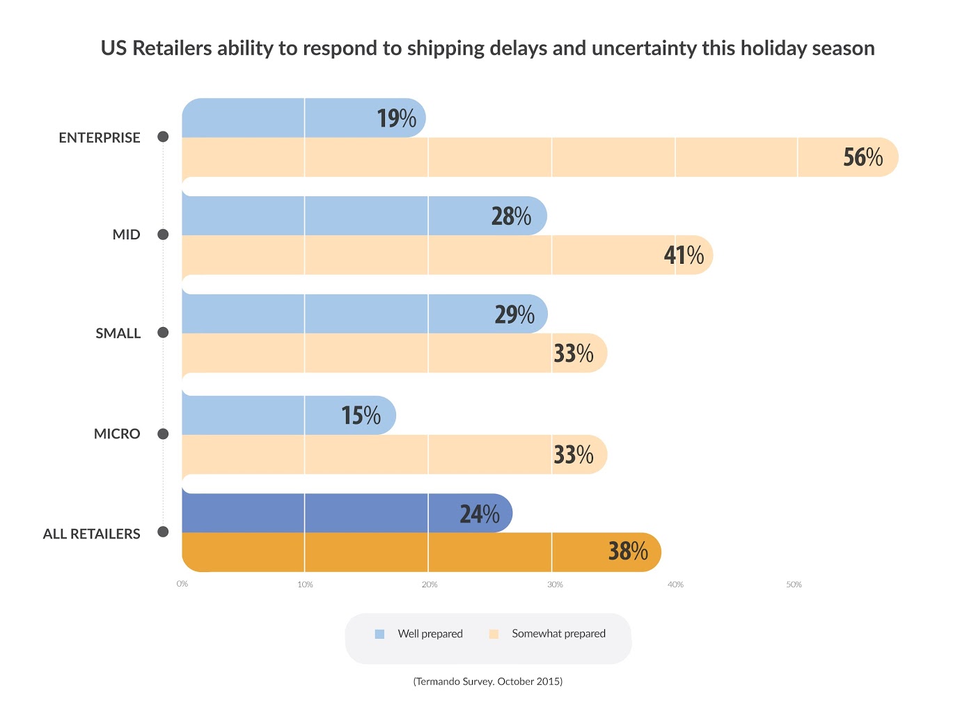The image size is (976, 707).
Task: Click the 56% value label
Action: point(863,157)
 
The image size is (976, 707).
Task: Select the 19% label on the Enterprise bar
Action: point(396,118)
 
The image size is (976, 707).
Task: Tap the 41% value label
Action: point(684,255)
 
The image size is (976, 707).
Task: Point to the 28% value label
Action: point(511,216)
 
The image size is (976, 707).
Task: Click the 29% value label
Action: point(514,315)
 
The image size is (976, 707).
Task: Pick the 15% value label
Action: point(361,415)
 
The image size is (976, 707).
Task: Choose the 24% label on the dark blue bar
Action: point(479,514)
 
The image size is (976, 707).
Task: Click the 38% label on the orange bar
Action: point(628,551)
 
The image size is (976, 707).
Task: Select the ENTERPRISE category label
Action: point(100,138)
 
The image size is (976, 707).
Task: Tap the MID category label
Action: point(127,235)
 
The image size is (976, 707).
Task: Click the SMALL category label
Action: point(118,333)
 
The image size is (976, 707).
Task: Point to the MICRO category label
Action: point(117,434)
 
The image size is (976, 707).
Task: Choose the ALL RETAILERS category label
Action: point(92,534)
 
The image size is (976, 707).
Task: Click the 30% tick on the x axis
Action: point(555,585)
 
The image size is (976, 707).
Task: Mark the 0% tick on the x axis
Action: point(182,584)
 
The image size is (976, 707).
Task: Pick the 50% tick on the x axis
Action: point(794,585)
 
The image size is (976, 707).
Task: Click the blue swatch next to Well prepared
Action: point(379,634)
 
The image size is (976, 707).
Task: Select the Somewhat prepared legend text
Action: point(558,633)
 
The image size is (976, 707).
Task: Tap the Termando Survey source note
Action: point(487,681)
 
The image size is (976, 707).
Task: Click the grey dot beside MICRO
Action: point(163,434)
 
